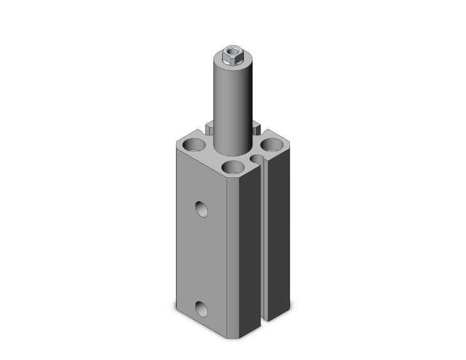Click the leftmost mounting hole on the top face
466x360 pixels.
[x=193, y=147]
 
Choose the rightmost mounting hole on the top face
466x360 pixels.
[x=272, y=146]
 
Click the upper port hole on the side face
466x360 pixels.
[x=201, y=208]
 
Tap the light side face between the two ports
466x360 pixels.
[x=201, y=257]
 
